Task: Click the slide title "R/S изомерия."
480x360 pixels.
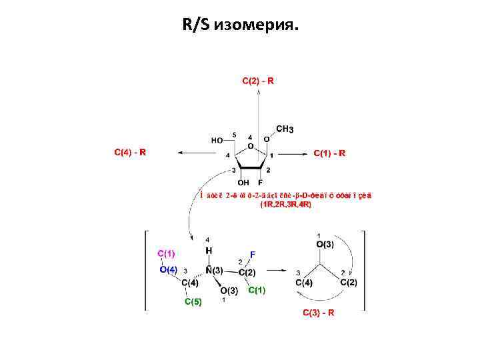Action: (x=240, y=25)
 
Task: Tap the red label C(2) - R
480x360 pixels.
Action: (x=257, y=81)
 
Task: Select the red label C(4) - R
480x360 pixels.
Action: (x=130, y=152)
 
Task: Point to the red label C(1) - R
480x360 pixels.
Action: (x=329, y=153)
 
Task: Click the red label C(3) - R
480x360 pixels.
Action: (x=319, y=313)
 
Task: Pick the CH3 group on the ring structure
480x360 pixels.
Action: (x=285, y=129)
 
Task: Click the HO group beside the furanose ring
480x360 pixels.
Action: (x=218, y=141)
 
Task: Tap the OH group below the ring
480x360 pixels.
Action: (x=243, y=182)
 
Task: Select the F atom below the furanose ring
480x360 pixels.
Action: (x=260, y=182)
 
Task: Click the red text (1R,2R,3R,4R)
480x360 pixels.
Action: (x=285, y=204)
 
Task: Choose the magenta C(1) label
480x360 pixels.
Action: (x=166, y=253)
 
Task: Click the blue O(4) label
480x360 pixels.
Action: (x=168, y=269)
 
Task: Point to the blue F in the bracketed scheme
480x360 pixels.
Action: (x=252, y=254)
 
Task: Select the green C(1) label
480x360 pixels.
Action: (x=257, y=290)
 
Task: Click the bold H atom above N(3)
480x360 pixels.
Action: (x=209, y=251)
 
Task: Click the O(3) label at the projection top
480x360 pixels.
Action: (x=324, y=245)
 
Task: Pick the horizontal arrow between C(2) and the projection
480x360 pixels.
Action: (x=277, y=271)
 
